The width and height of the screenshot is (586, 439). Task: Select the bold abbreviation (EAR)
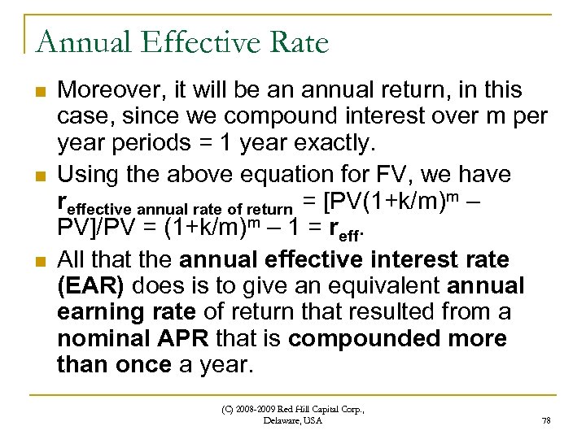pos(90,287)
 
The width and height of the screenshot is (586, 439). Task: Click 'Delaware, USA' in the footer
pos(293,420)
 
